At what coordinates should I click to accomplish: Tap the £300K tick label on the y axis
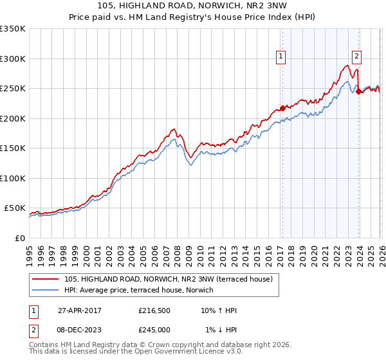point(13,59)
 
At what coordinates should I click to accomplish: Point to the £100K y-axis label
point(13,178)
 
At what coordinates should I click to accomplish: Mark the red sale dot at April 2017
point(282,108)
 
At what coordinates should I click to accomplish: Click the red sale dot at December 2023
point(358,91)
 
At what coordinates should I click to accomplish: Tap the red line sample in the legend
point(46,279)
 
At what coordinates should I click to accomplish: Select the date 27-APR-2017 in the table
point(80,310)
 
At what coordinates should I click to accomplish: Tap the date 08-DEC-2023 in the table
point(80,330)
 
